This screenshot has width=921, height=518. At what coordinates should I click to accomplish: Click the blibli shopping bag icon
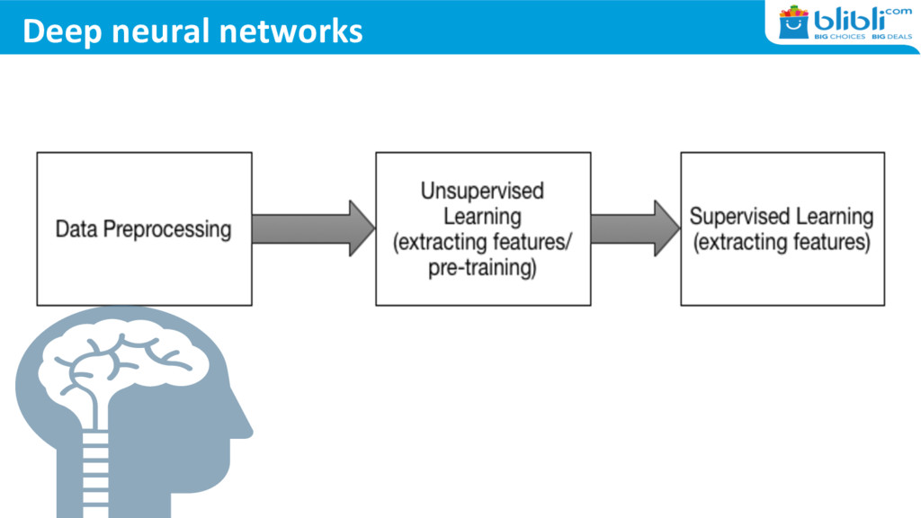click(793, 22)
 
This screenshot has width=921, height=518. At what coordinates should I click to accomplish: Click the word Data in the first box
click(76, 229)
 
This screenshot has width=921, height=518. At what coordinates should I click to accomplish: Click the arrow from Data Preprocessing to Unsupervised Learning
click(313, 228)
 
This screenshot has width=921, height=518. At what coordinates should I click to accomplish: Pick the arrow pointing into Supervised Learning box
click(635, 228)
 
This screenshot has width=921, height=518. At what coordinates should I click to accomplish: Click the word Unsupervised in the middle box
click(482, 192)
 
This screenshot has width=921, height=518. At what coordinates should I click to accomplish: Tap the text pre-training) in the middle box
click(482, 268)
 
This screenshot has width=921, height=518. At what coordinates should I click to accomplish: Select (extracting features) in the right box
click(782, 243)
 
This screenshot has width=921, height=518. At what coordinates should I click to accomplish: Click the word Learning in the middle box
click(482, 217)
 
